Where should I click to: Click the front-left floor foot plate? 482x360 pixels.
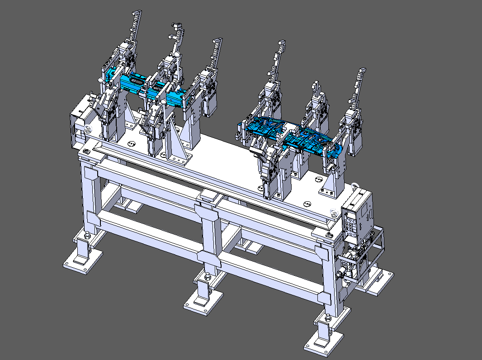point(82,262)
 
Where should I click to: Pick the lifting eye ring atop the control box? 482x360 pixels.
point(354,185)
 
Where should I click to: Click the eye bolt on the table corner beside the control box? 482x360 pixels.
point(334,211)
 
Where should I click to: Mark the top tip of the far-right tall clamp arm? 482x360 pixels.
point(362,71)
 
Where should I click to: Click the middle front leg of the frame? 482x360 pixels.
point(208,240)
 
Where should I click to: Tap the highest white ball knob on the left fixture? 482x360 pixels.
point(179,55)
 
